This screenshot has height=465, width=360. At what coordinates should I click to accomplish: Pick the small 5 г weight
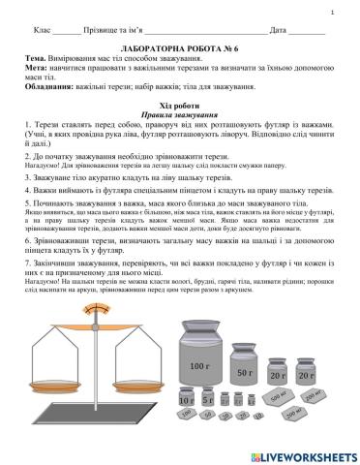pos(208,399)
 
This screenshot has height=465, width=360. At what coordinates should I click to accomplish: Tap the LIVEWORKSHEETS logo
pos(302,454)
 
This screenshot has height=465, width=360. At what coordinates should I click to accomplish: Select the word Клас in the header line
pos(44,32)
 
